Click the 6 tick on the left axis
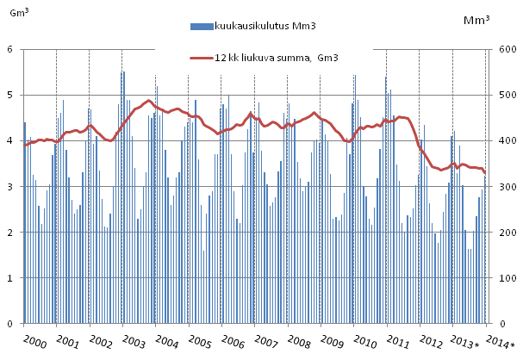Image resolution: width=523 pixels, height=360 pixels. tap(9, 49)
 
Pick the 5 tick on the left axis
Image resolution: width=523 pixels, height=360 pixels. tap(9, 95)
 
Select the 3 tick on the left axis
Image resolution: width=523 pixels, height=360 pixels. tap(9, 187)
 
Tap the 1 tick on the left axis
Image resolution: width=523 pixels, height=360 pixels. tap(9, 278)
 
